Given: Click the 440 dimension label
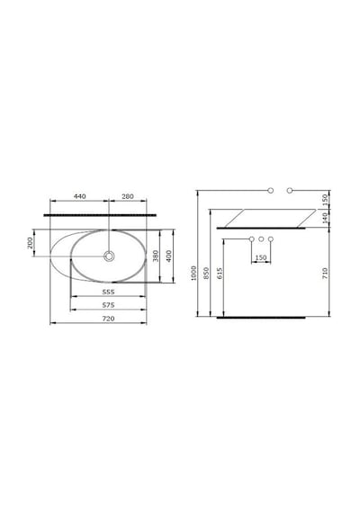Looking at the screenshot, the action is coord(80,196).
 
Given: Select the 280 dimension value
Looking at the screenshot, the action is coord(128,196).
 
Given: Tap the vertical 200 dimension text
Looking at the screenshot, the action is coord(30,243).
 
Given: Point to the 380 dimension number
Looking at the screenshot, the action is coord(156,256).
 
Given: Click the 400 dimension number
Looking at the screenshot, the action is coord(168,256).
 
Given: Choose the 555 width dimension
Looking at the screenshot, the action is coord(108,292).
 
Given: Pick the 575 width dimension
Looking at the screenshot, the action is coord(108,305).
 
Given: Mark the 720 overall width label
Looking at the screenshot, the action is coord(108,319).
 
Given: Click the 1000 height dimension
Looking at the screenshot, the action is coord(193,273).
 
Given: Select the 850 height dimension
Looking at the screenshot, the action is coord(206,274).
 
